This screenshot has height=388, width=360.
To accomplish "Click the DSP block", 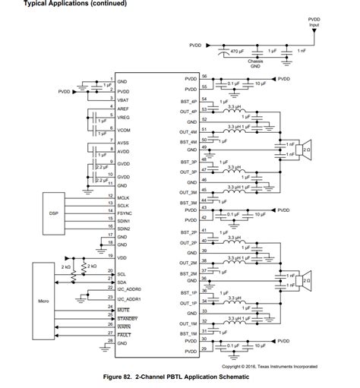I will point(53,213).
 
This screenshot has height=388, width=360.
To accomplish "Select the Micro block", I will point(52,300).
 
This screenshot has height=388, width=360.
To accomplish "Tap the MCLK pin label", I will point(123,199).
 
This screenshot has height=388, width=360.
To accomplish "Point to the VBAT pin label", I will point(122,99).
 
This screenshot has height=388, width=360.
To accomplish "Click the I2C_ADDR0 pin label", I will point(130,289).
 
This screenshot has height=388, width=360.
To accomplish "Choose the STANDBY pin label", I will point(127,317).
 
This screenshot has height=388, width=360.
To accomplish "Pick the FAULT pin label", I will point(124,334).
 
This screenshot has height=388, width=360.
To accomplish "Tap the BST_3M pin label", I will point(189,203).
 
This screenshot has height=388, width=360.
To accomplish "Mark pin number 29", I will point(204,349).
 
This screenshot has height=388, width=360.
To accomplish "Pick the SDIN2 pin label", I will point(124,229).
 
